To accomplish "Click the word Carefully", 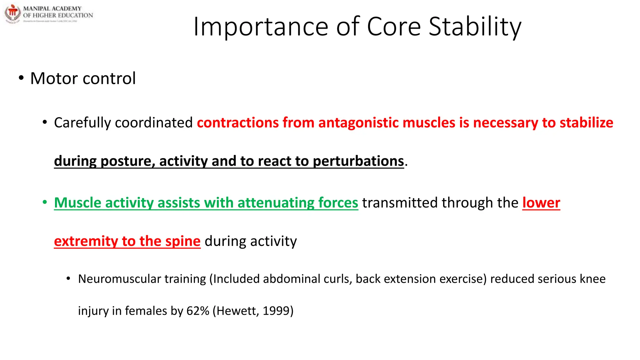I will [82, 123].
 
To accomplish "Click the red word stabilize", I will [586, 123].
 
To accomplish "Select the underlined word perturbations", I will [358, 161].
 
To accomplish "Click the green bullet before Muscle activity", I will [45, 202].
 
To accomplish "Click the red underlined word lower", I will [541, 203].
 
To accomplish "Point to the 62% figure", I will [197, 311].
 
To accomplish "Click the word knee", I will [592, 279].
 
